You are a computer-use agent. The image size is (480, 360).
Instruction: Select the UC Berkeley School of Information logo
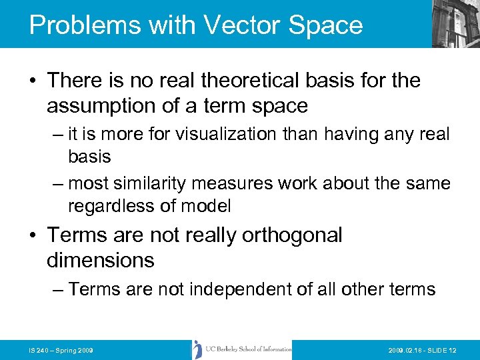242,349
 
